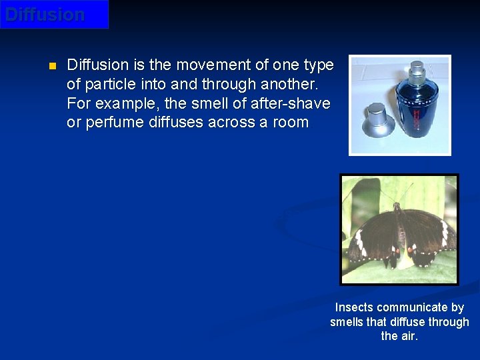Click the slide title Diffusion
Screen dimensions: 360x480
[45, 15]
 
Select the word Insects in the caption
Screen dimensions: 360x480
[354, 307]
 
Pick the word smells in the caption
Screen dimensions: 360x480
[347, 322]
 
